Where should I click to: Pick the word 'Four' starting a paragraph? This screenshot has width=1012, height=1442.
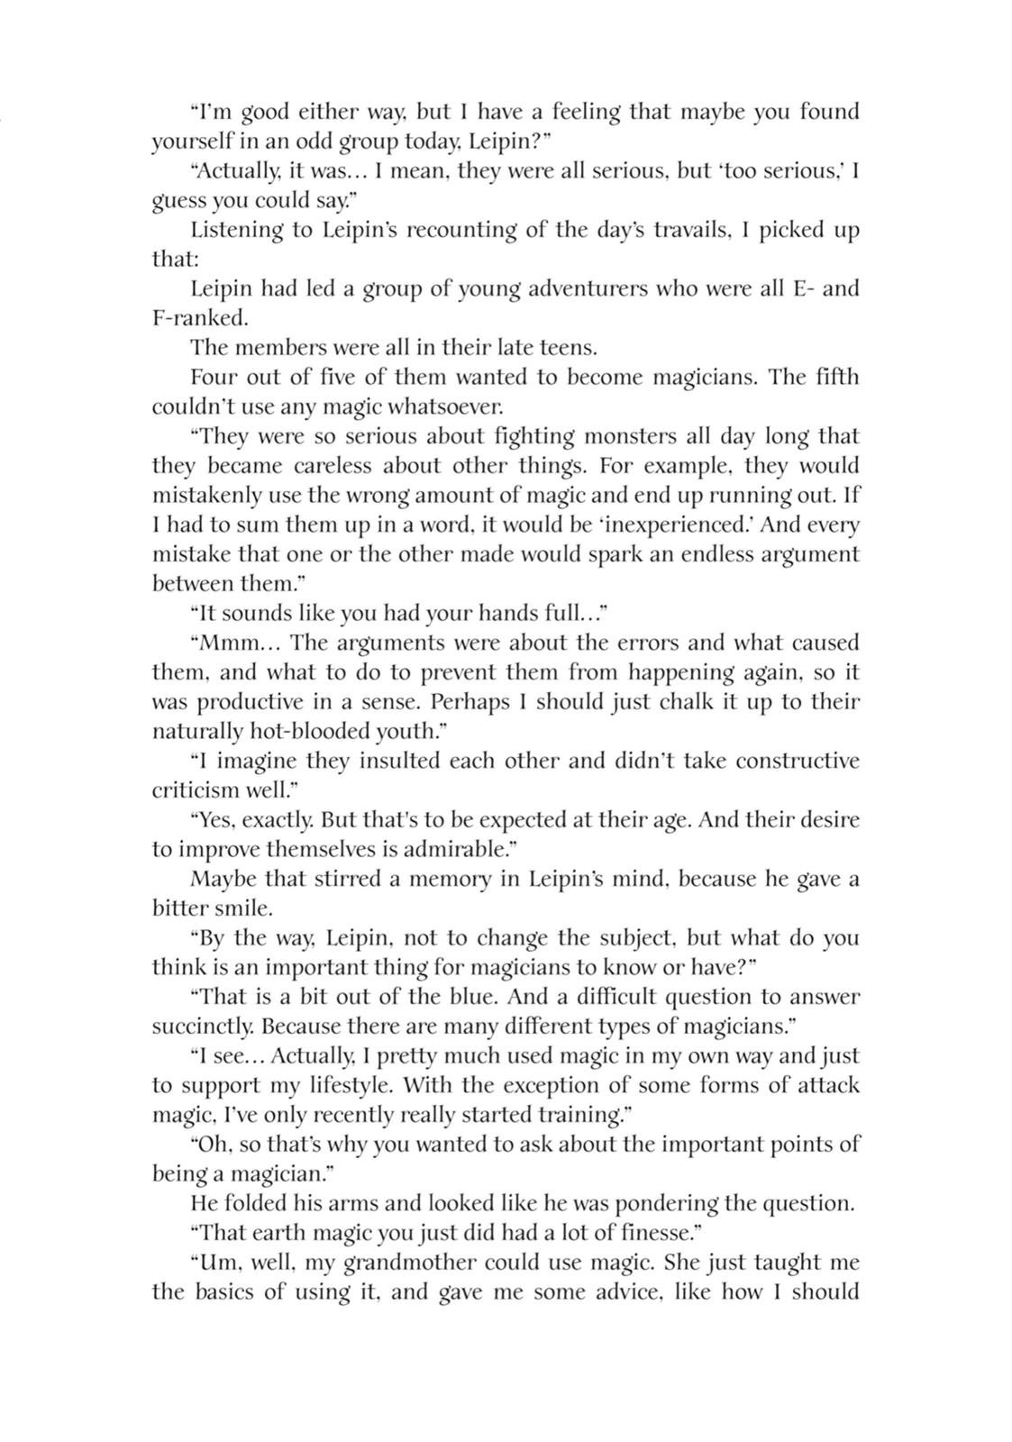[x=213, y=377]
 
